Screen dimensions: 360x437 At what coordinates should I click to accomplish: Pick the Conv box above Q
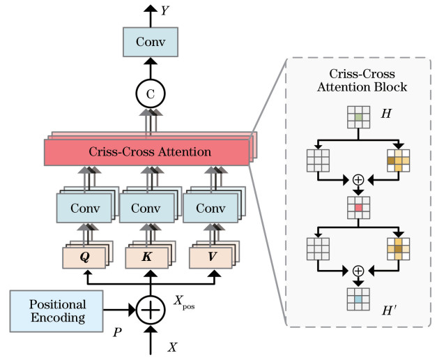coord(84,208)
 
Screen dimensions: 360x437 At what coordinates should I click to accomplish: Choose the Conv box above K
coord(146,208)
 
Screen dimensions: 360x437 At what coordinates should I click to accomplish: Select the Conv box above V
coord(209,208)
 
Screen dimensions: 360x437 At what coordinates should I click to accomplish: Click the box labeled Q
coord(84,256)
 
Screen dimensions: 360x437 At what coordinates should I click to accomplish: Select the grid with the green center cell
coord(358,119)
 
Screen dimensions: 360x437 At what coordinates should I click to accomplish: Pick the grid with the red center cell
coord(358,207)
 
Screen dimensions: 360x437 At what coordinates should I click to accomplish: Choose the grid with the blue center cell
coord(358,298)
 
